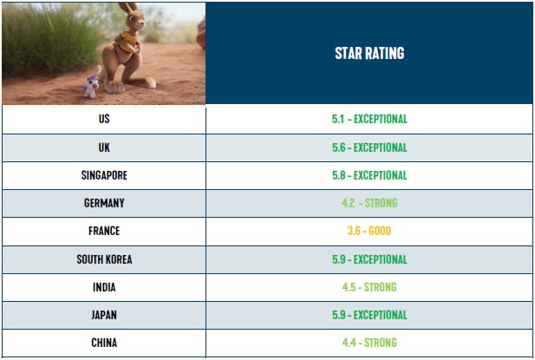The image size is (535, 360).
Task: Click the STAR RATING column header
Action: (369, 53)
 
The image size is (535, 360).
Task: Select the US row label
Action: (104, 119)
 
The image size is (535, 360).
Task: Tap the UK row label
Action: (104, 147)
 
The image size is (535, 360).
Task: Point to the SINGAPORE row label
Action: (104, 175)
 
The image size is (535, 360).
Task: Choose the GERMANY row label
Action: (104, 203)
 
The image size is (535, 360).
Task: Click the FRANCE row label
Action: (104, 232)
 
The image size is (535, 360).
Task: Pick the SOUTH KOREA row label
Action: (104, 259)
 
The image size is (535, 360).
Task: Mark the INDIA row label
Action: (104, 287)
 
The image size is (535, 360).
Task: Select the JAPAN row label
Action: (104, 315)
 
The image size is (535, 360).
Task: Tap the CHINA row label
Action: (104, 343)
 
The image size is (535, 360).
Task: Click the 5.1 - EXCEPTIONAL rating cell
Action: (369, 119)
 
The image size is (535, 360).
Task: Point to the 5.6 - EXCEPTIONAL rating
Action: (369, 147)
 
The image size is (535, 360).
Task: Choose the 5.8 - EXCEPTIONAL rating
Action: (369, 175)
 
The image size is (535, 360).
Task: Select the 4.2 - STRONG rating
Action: (369, 203)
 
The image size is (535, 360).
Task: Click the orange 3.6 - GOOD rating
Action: (369, 232)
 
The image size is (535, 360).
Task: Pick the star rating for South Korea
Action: (369, 259)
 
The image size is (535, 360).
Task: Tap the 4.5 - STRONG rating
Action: (369, 287)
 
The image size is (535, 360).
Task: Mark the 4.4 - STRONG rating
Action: (369, 343)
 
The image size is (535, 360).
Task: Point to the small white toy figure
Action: (93, 84)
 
